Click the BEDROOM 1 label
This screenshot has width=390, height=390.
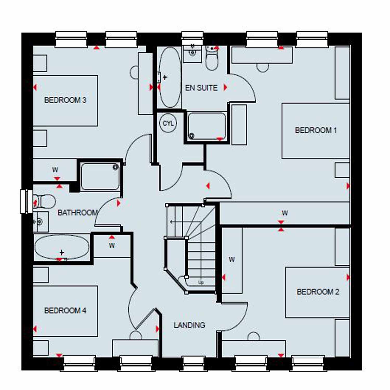[316, 130]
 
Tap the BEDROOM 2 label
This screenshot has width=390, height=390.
[318, 292]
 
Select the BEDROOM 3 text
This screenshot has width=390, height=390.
[65, 100]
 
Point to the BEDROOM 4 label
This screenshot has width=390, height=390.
[65, 310]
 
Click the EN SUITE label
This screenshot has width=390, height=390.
[201, 88]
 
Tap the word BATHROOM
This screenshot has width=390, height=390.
[77, 213]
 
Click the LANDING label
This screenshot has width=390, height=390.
[189, 325]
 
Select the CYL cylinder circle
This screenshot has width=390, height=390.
[168, 123]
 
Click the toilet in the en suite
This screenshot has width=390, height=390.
[212, 58]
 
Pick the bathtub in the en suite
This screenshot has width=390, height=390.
[170, 77]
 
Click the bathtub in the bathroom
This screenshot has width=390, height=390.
[62, 247]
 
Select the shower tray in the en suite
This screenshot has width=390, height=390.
[206, 126]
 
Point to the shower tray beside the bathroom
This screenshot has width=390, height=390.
[100, 177]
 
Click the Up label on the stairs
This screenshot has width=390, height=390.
[201, 282]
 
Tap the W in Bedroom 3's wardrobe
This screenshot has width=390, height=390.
[55, 170]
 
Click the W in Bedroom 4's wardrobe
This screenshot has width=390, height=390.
[112, 245]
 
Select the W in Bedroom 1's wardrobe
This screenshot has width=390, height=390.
[285, 213]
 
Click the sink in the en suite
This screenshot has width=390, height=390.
[192, 53]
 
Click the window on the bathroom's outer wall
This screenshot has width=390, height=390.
[26, 201]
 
